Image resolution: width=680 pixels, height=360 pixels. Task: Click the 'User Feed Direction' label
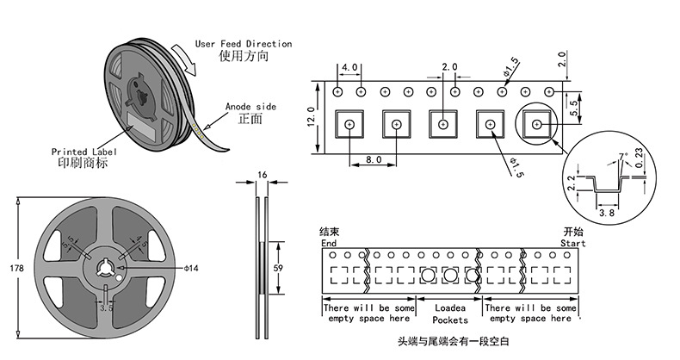pyautogui.click(x=243, y=44)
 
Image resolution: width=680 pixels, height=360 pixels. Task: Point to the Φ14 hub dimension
pyautogui.click(x=191, y=269)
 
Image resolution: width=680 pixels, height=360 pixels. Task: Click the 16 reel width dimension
pyautogui.click(x=263, y=175)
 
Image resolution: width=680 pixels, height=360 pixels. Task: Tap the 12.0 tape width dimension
pyautogui.click(x=312, y=117)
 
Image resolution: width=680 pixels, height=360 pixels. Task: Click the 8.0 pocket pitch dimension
pyautogui.click(x=373, y=159)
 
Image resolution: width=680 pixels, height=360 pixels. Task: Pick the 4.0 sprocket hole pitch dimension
pyautogui.click(x=349, y=67)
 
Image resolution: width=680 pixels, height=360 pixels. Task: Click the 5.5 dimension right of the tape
pyautogui.click(x=575, y=107)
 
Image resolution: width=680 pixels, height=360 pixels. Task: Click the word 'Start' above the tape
pyautogui.click(x=573, y=243)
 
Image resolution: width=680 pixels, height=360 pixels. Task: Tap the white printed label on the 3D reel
pyautogui.click(x=139, y=120)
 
